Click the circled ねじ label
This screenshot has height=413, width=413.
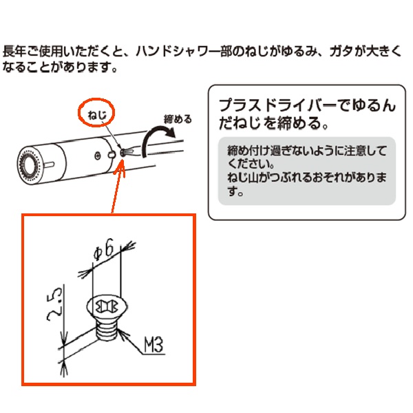click(x=97, y=115)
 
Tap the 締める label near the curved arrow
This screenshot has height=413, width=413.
click(x=178, y=119)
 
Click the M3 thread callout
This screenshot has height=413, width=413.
click(x=153, y=344)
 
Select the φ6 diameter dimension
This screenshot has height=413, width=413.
click(x=104, y=250)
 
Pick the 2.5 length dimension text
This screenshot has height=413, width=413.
click(x=54, y=304)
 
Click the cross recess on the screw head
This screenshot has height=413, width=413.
click(x=107, y=306)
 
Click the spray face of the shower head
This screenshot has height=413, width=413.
click(x=29, y=165)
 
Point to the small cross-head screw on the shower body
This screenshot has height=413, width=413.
click(x=98, y=156)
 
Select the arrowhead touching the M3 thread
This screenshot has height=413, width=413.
click(x=122, y=333)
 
